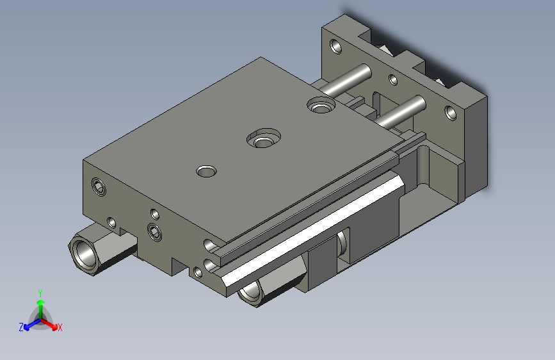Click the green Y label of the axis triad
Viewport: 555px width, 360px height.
pyautogui.click(x=40, y=291)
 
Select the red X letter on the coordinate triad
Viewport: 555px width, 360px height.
pyautogui.click(x=60, y=328)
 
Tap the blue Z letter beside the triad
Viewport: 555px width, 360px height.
pyautogui.click(x=21, y=327)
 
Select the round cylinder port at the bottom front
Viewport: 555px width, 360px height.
pyautogui.click(x=250, y=291)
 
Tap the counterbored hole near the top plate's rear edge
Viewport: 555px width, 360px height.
pyautogui.click(x=320, y=104)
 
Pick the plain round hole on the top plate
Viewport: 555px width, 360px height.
pyautogui.click(x=206, y=172)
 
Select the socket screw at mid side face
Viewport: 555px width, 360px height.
pyautogui.click(x=154, y=231)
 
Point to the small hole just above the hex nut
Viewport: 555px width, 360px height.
pyautogui.click(x=112, y=222)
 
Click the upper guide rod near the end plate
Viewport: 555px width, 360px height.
pyautogui.click(x=349, y=78)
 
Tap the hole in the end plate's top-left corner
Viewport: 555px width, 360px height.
pyautogui.click(x=334, y=47)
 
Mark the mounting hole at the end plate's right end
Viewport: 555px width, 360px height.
pyautogui.click(x=451, y=114)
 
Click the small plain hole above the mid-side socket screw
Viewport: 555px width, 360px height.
pyautogui.click(x=154, y=213)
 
